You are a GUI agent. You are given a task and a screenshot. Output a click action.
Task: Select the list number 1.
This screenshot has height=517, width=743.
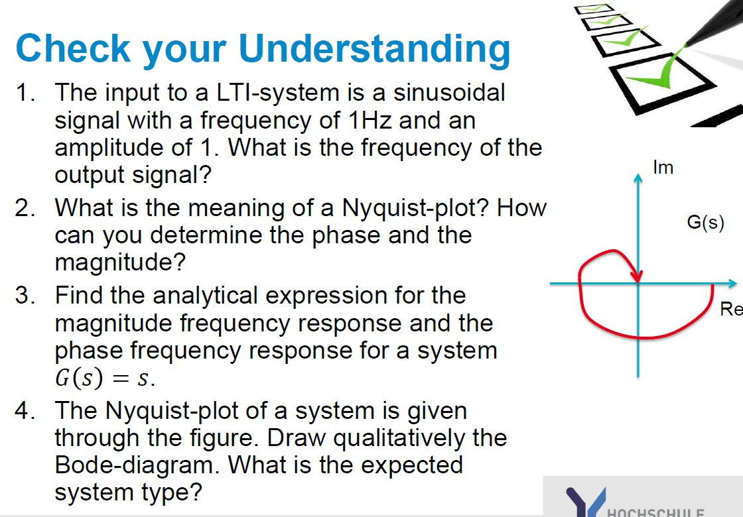[25, 93]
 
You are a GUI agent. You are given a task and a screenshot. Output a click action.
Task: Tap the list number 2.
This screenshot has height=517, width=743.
[26, 208]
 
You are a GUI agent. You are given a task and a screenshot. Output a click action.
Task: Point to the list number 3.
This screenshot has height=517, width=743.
[26, 296]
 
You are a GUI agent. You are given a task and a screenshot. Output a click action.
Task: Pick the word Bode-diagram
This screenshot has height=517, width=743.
[137, 465]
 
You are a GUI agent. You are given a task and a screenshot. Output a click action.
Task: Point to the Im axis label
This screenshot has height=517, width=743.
[663, 168]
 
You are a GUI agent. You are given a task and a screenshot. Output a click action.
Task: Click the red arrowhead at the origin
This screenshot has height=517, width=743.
[637, 274]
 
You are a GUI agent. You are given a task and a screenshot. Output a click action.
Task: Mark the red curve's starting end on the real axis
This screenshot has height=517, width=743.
[712, 286]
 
